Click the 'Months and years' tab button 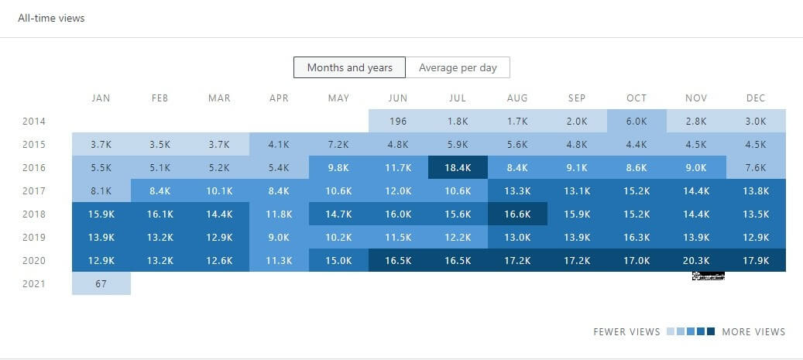point(349,67)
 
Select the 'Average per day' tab point(458,67)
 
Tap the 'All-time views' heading point(51,18)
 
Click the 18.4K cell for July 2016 point(457,167)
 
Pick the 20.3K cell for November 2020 point(696,260)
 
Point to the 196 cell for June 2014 point(398,121)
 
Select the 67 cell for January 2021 point(101,283)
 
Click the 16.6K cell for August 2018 point(516,214)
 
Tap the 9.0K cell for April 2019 point(279,237)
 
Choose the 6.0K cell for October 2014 point(636,121)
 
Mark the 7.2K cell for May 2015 point(338,144)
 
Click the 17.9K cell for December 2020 point(756,260)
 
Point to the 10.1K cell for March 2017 point(219,190)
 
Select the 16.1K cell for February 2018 point(160,214)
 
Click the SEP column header point(576,98)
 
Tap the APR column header point(279,98)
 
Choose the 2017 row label point(33,190)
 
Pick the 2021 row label point(33,283)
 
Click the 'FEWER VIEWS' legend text point(626,331)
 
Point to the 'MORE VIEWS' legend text point(753,331)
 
